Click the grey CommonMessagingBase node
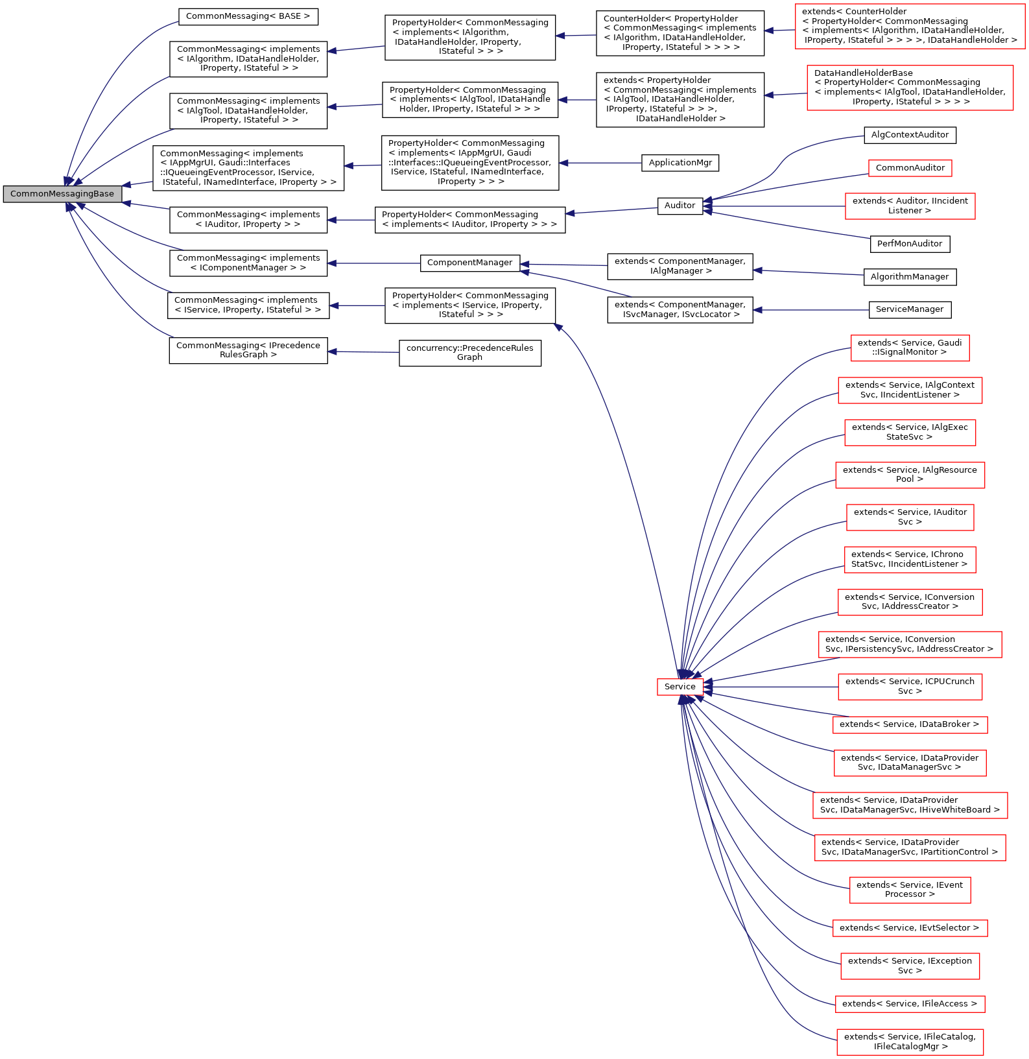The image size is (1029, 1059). (62, 194)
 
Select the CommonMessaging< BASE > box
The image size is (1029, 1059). (248, 16)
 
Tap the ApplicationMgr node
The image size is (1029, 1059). (680, 163)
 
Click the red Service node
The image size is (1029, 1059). (680, 687)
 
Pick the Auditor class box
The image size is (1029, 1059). (680, 206)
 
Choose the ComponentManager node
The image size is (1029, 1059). (470, 263)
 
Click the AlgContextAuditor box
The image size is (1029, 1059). (910, 135)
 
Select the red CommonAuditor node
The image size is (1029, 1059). (910, 168)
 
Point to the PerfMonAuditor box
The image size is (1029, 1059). (910, 244)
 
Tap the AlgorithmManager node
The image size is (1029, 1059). (910, 277)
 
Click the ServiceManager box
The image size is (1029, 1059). (910, 309)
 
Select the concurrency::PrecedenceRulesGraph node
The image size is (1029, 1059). (470, 353)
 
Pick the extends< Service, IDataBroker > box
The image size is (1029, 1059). (910, 724)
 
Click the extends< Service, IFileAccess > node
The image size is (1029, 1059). (910, 1004)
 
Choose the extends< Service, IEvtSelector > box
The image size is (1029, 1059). (910, 928)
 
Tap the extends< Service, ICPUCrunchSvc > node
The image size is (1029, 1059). (910, 687)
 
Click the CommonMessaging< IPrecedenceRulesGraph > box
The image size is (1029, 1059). (248, 350)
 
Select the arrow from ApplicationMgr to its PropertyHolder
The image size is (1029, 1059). (600, 163)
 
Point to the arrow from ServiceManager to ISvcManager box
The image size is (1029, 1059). (810, 310)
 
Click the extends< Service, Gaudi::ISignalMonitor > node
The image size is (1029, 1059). (910, 348)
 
